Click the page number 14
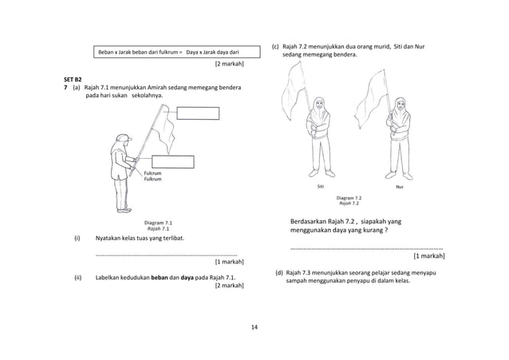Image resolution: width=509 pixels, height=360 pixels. [254, 327]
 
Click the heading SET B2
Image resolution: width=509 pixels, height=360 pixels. [73, 80]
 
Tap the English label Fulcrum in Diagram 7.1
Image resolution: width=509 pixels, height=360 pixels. [152, 172]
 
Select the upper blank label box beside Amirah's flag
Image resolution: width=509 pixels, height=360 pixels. [198, 112]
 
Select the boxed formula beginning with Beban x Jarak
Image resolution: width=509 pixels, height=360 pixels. [168, 52]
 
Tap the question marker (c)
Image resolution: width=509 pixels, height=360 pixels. [277, 46]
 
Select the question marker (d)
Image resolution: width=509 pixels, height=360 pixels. [279, 273]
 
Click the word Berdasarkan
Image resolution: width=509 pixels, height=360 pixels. [312, 221]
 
